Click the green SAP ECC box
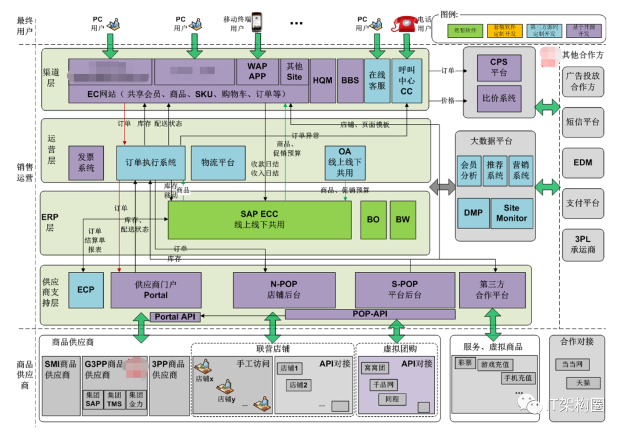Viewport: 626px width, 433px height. coord(259,219)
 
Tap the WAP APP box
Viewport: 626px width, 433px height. coord(257,72)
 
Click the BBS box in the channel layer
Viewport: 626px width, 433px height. coord(350,81)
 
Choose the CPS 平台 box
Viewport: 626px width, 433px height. coord(498,67)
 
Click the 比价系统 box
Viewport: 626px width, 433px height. coord(498,99)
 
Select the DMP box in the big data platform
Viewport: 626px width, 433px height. coord(473,213)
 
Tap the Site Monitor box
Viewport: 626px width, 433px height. coord(511,213)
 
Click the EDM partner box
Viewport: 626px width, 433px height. coord(583,162)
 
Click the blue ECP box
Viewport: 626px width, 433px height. coord(85,289)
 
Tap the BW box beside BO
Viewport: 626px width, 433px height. coord(402,219)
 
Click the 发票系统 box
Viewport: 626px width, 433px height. coord(86,162)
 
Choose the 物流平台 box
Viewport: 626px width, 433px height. coord(217,162)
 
